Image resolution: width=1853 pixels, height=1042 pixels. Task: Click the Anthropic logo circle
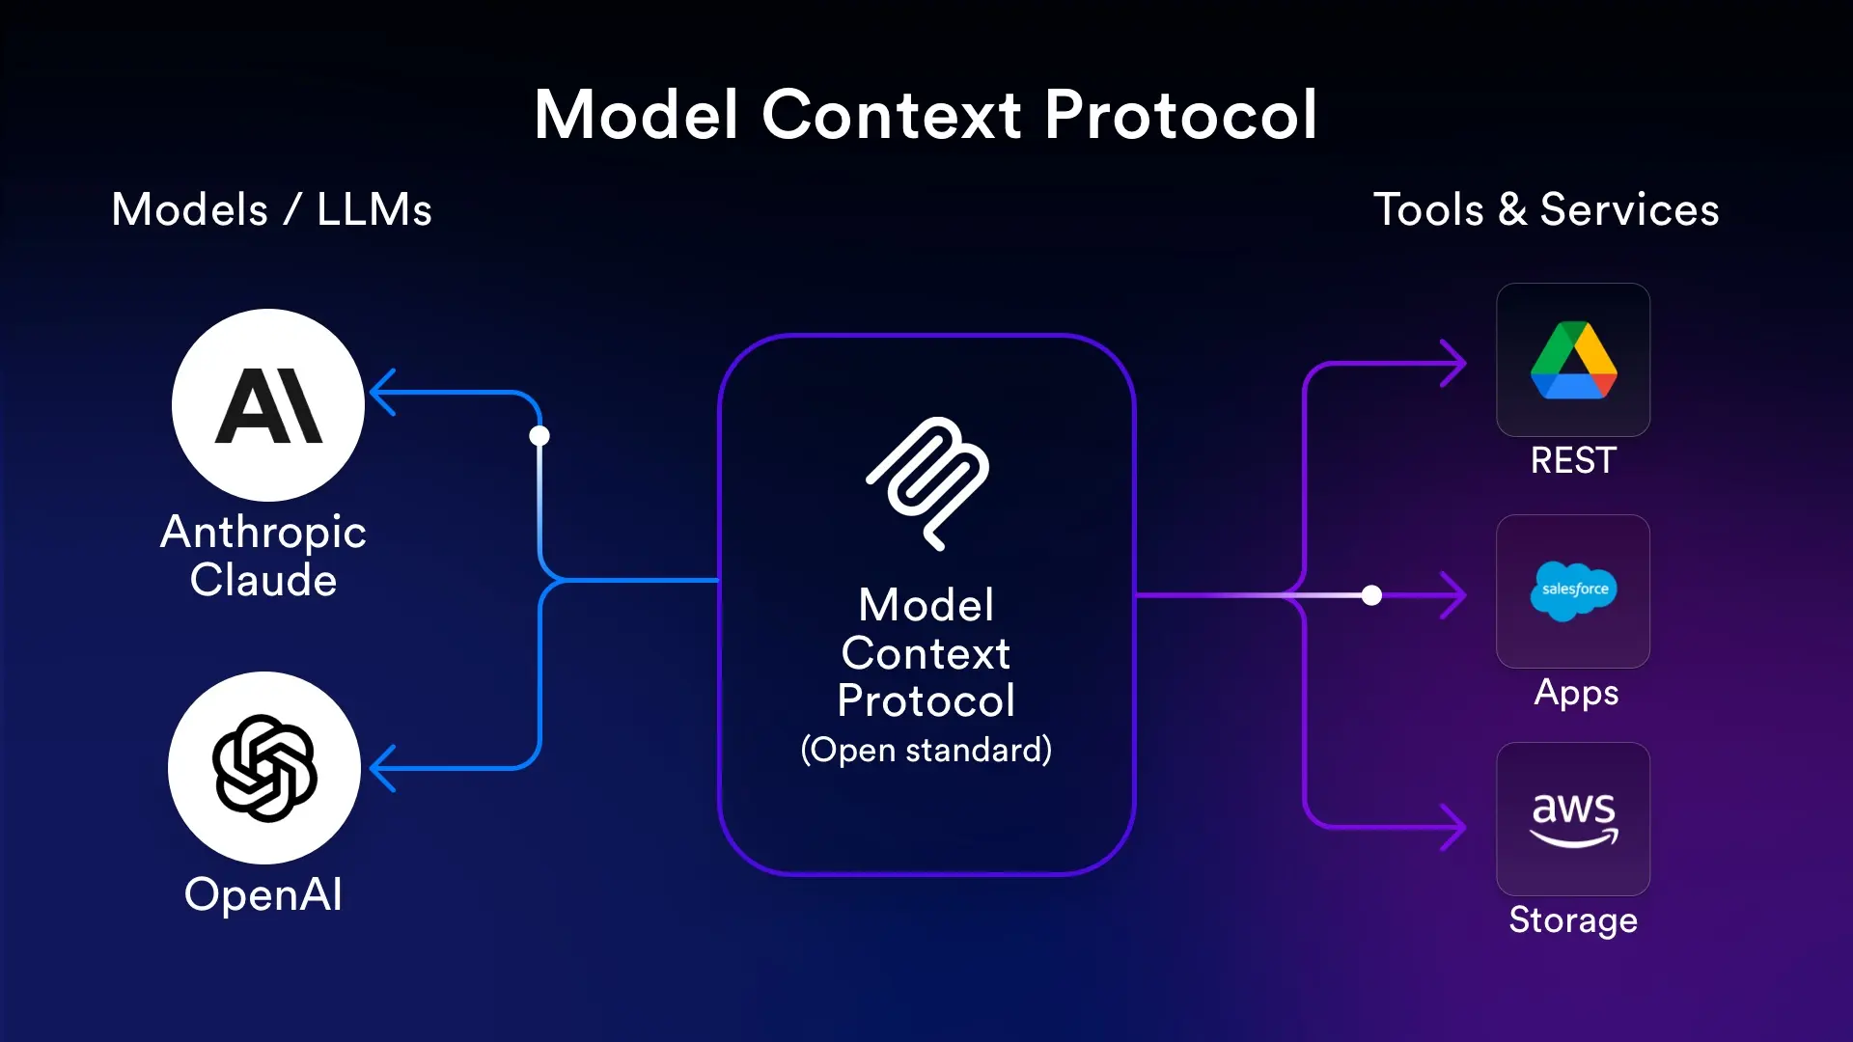click(x=268, y=405)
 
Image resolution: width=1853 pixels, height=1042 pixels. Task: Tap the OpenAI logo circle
click(x=264, y=768)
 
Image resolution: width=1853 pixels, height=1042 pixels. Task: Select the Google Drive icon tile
click(x=1573, y=360)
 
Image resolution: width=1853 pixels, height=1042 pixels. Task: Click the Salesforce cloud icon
click(x=1573, y=590)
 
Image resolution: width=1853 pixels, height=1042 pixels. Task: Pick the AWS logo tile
click(x=1573, y=819)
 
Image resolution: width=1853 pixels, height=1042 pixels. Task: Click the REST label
click(x=1573, y=460)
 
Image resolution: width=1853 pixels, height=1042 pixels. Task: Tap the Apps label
click(x=1576, y=693)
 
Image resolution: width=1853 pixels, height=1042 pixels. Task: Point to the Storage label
click(x=1573, y=920)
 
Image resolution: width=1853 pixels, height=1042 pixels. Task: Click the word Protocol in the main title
click(x=1180, y=115)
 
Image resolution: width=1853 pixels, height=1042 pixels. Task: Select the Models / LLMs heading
click(x=271, y=209)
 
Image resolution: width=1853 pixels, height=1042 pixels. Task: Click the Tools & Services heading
click(x=1546, y=209)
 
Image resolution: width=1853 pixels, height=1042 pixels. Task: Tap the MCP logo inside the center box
click(x=927, y=482)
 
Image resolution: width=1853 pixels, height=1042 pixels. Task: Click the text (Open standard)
click(x=926, y=750)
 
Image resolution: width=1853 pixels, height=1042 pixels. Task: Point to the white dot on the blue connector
click(x=539, y=436)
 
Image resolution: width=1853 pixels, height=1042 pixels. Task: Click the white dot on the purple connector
click(x=1371, y=595)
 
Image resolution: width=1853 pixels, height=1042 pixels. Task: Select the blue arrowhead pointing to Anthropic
click(x=383, y=393)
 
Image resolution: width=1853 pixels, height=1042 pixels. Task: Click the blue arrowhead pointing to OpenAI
click(x=383, y=768)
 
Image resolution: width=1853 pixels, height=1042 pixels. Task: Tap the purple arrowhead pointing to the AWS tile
click(x=1453, y=827)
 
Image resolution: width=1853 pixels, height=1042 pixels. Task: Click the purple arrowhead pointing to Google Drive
click(x=1453, y=364)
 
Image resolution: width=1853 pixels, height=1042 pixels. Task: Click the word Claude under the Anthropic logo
click(x=263, y=581)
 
